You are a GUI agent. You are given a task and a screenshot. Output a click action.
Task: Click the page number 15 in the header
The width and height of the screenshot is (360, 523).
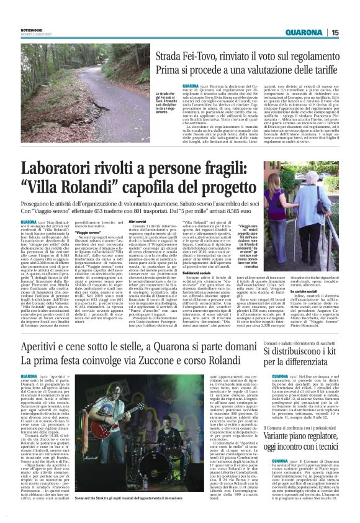[x=351, y=33]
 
